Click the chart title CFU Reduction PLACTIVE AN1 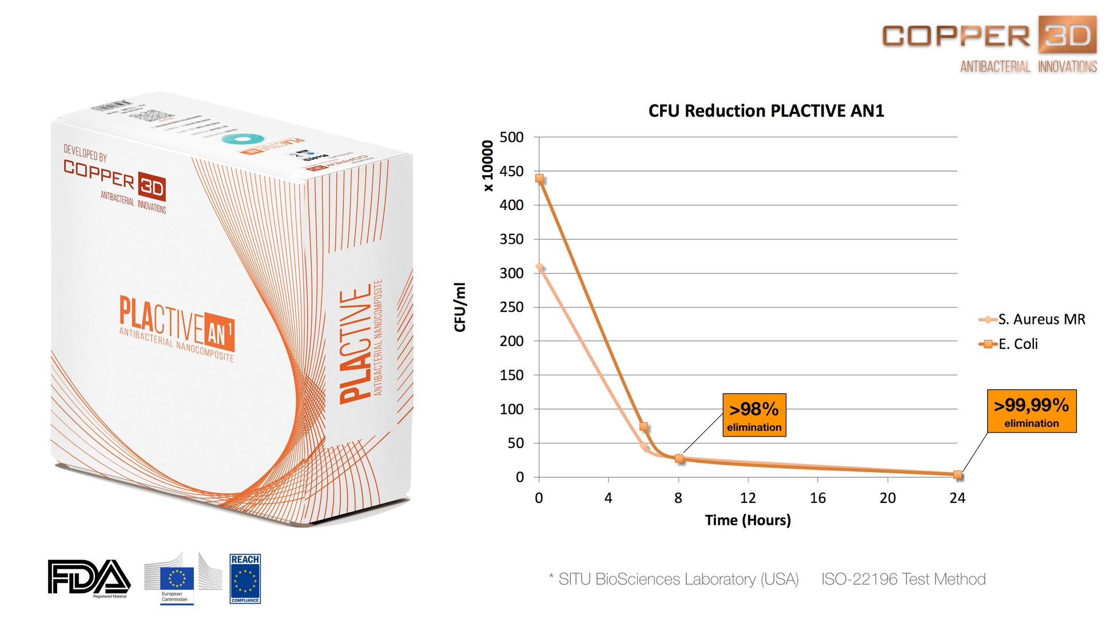pos(766,110)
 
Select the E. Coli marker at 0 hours pos(539,179)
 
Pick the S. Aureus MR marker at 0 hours pos(539,267)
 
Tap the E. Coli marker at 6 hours pos(643,426)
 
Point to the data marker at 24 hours pos(957,474)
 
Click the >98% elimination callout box pos(754,415)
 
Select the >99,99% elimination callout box pos(1031,411)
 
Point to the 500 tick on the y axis pos(511,137)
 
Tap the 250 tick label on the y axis pos(511,307)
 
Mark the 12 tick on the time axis pos(748,498)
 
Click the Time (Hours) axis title pos(748,520)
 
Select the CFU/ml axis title pos(460,307)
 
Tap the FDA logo pos(89,578)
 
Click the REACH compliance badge pos(245,579)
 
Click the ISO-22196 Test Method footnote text pos(903,579)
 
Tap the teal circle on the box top pos(243,139)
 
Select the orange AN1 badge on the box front pos(218,332)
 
